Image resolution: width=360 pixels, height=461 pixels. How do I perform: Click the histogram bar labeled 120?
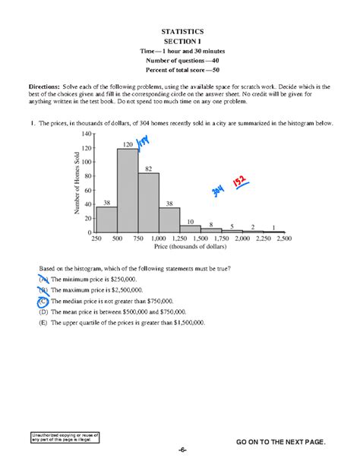point(128,190)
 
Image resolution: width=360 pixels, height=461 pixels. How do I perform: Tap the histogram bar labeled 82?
point(149,202)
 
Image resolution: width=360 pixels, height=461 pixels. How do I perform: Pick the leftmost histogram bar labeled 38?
point(106,219)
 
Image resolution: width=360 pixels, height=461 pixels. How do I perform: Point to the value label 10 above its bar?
point(191,221)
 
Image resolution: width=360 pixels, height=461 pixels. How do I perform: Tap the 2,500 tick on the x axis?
point(284,239)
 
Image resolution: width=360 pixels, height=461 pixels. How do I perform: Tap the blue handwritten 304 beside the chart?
point(222,191)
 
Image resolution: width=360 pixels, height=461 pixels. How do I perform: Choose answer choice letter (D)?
point(43,311)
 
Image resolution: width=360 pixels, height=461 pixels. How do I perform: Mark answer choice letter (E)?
point(43,322)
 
